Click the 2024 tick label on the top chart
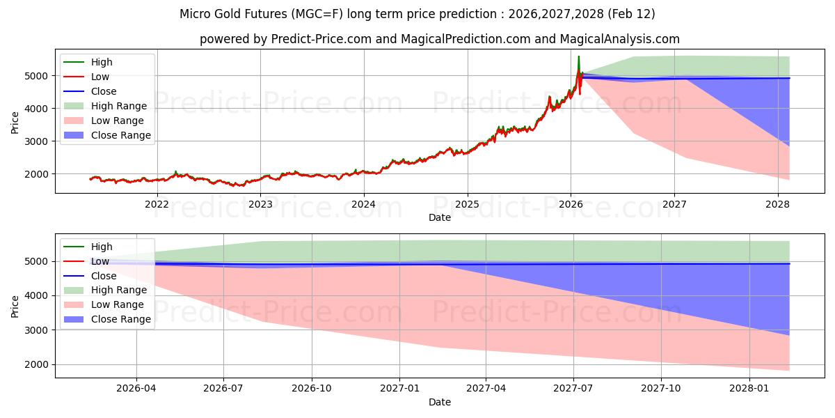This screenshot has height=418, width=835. [x=364, y=204]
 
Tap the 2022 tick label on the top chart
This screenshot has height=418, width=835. [x=157, y=204]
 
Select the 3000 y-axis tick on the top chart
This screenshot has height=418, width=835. [x=38, y=141]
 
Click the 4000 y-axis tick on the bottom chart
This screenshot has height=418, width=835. [x=38, y=296]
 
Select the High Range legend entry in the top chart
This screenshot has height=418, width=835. [x=118, y=106]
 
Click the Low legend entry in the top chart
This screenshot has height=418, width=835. [x=100, y=77]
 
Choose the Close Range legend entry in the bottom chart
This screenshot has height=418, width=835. [x=120, y=319]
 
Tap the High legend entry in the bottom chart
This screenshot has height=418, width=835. [x=102, y=247]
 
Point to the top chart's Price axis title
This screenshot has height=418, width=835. [x=15, y=122]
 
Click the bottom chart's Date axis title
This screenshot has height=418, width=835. [x=439, y=402]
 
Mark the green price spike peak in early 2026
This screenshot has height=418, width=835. [x=578, y=56]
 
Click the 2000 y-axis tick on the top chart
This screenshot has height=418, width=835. [x=38, y=174]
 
